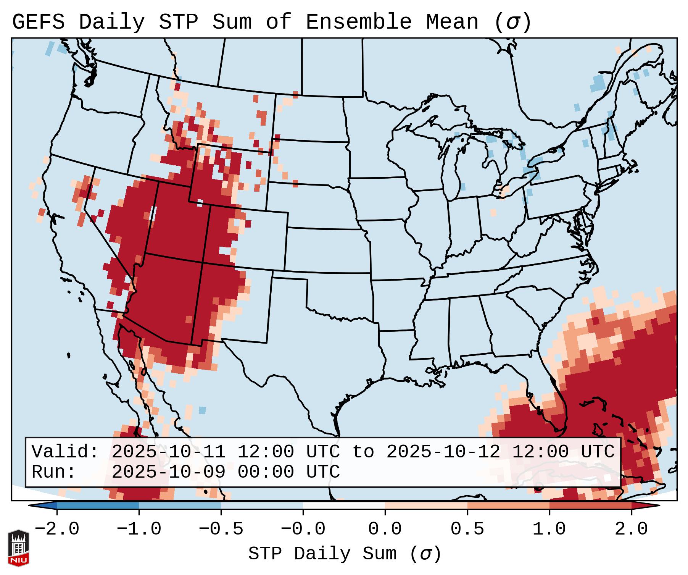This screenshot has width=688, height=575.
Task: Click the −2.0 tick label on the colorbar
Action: click(x=57, y=529)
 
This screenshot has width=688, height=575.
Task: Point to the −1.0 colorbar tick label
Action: click(x=139, y=529)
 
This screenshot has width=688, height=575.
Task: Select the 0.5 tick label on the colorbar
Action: click(x=467, y=529)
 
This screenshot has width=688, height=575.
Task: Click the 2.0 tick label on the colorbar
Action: click(x=632, y=529)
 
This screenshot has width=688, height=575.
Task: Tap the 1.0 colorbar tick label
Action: click(x=549, y=529)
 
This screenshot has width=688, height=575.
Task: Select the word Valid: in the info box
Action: click(x=65, y=452)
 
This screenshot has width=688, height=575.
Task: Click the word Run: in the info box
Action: click(x=54, y=472)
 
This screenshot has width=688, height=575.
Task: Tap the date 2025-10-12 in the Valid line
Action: click(x=443, y=452)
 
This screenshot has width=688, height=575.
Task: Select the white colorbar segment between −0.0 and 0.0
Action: click(x=344, y=506)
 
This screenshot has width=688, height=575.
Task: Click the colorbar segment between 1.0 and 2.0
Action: click(x=590, y=506)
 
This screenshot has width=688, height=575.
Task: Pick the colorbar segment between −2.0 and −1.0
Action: click(x=98, y=506)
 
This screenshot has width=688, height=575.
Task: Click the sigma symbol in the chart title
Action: click(x=512, y=23)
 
